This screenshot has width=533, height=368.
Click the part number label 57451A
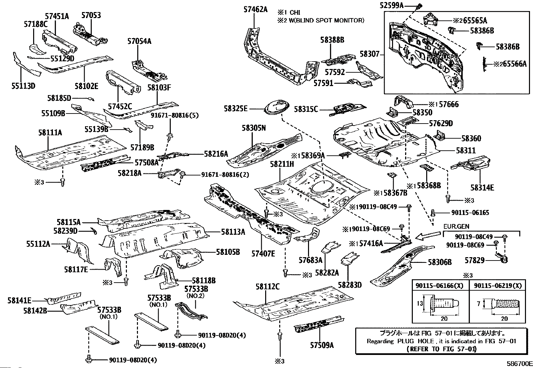(57, 15)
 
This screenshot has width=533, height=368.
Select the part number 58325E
(236, 108)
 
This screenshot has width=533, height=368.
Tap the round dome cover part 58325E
(277, 107)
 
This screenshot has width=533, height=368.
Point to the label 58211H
(282, 164)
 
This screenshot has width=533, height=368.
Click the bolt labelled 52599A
(420, 6)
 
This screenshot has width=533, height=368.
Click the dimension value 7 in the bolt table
(479, 304)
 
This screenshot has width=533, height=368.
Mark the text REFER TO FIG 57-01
(441, 349)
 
